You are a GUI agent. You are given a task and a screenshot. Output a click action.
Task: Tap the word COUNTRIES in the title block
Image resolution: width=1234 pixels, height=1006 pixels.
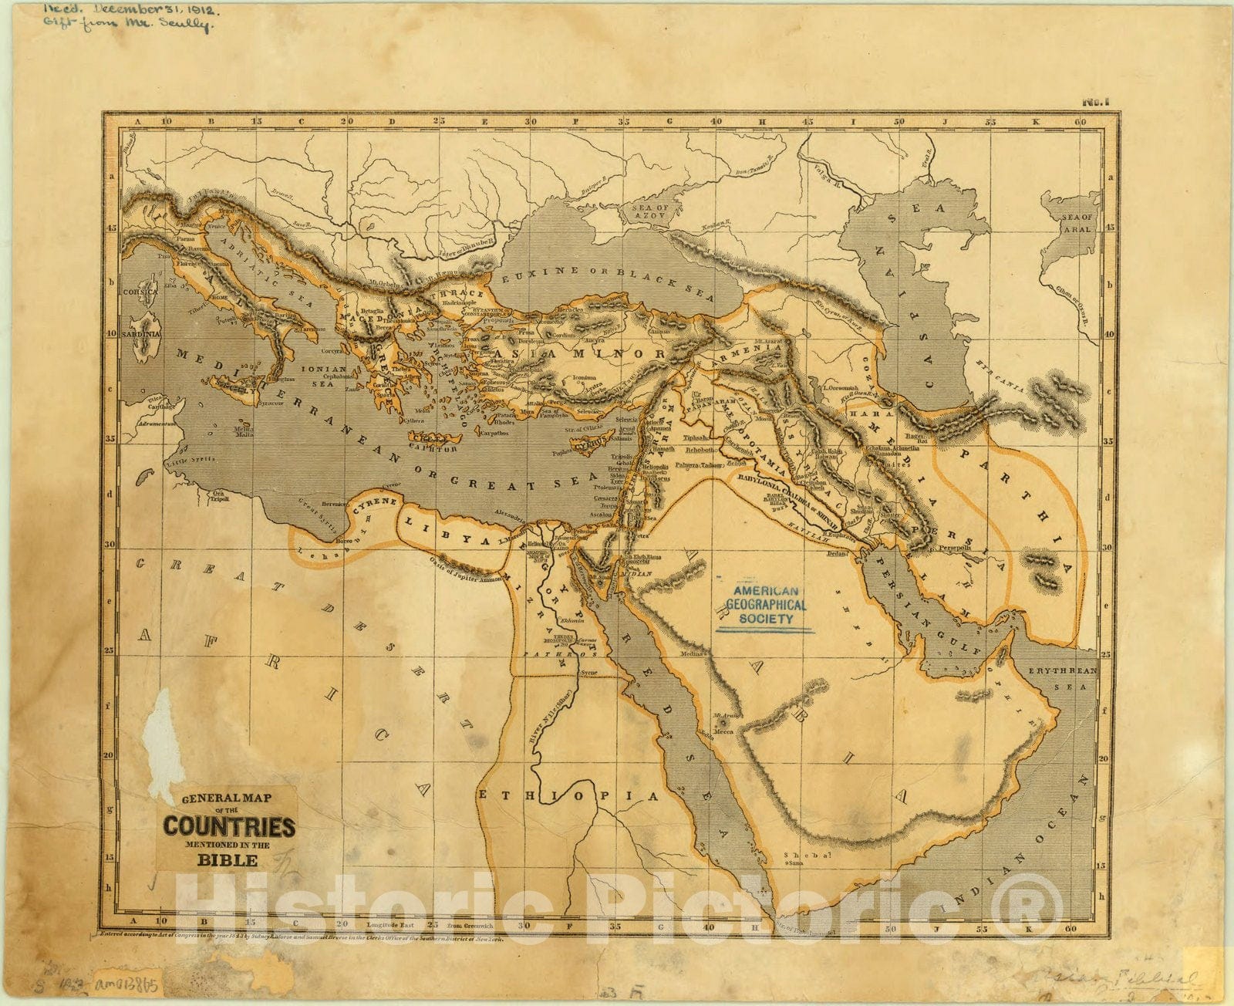point(228,827)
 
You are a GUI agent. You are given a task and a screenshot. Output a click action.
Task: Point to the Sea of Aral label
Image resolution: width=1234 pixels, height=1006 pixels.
point(1077,224)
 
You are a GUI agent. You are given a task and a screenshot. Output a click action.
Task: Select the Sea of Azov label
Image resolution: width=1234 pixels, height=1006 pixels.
point(650,214)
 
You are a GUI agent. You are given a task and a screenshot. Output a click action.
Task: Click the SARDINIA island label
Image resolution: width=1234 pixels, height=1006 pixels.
point(141,334)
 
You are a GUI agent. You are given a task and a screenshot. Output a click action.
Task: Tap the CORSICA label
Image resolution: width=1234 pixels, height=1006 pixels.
point(140,292)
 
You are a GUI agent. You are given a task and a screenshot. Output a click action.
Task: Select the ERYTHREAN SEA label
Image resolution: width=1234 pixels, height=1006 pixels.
point(1064,677)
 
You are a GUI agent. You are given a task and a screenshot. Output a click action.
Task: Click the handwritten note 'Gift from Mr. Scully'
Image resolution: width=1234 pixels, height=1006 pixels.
point(125,25)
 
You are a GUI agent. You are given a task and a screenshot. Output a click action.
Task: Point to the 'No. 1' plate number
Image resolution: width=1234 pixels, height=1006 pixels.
point(1094,101)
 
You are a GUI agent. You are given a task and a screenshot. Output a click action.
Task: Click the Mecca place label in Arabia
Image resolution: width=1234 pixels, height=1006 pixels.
point(723,731)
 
